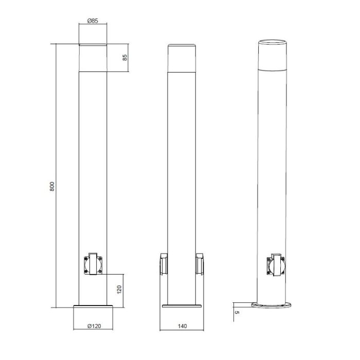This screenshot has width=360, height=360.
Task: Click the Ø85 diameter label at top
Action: pos(93,21)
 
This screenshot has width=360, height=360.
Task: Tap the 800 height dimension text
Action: pos(52,186)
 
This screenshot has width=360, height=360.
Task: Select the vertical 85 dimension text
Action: pos(125,58)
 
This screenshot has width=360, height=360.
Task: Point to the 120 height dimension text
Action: pos(119,290)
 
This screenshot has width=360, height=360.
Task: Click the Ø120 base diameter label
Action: pos(94,326)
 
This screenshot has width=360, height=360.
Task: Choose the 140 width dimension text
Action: pos(182,326)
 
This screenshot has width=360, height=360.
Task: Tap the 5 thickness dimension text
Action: pos(237,313)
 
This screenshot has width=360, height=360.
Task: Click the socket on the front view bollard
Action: pos(93,264)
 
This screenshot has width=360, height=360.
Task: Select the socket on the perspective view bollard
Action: pos(276,265)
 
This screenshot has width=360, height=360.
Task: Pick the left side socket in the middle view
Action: pos(164,264)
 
